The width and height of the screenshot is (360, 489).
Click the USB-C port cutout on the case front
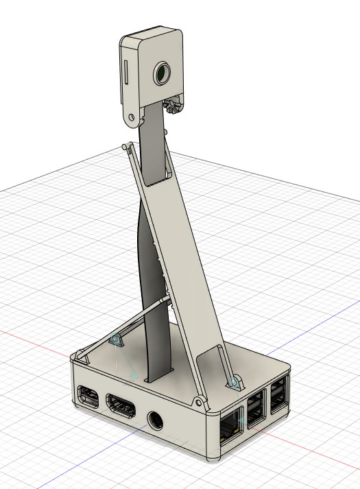(88, 396)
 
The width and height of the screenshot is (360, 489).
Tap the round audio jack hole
(156, 418)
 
